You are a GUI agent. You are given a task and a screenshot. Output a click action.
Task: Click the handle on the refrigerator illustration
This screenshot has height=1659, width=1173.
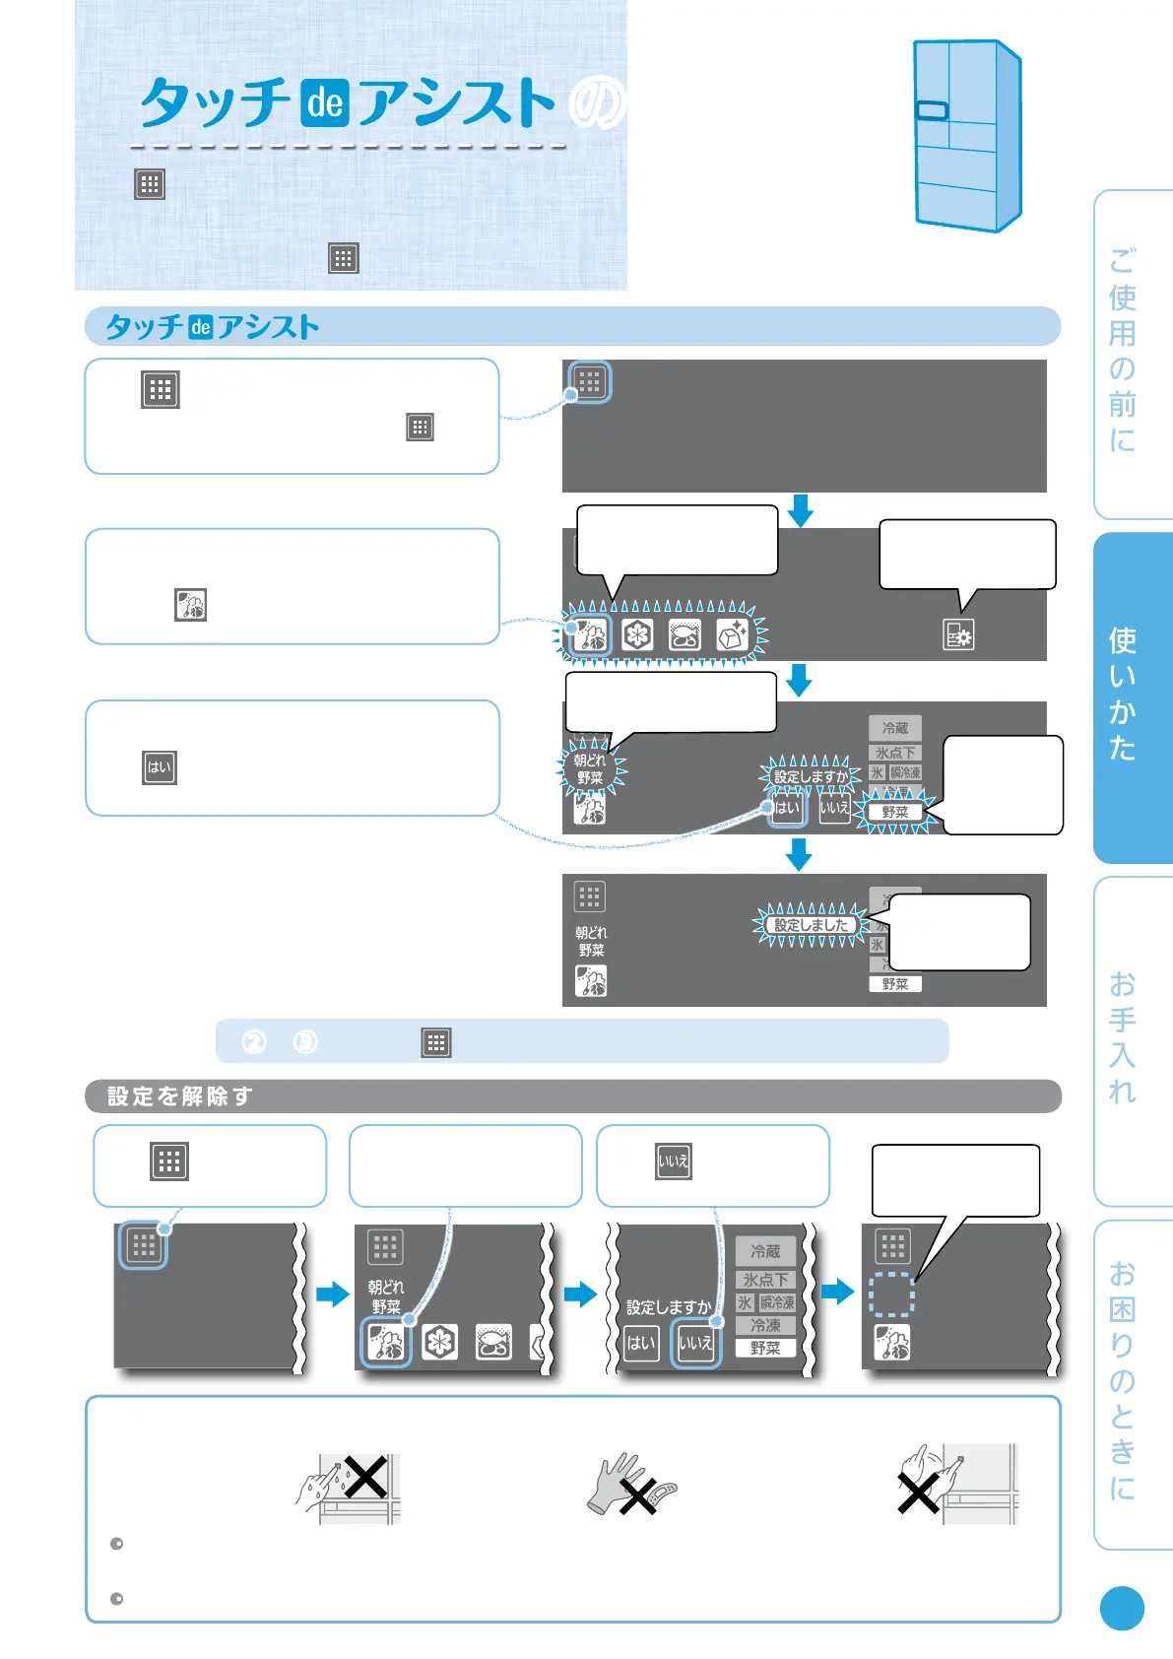(932, 110)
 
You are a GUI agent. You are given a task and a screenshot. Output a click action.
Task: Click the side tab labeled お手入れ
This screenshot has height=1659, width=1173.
(1124, 1038)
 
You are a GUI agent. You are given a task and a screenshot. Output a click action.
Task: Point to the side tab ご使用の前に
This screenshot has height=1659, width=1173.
(1124, 350)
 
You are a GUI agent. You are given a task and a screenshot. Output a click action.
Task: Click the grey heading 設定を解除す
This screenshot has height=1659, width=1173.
(180, 1096)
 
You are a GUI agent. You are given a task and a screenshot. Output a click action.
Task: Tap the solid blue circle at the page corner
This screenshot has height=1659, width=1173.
(1122, 1609)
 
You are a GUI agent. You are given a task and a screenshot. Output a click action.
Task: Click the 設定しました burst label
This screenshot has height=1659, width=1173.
(811, 925)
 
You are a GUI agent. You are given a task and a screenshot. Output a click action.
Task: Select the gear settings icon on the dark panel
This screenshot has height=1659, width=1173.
(957, 635)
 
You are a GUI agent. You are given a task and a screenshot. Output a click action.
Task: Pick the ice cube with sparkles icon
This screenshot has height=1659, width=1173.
(733, 635)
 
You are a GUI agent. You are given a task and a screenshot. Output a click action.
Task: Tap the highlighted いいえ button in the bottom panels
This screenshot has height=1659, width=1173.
(695, 1342)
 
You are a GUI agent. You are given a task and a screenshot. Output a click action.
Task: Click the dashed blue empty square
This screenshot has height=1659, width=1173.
(891, 1294)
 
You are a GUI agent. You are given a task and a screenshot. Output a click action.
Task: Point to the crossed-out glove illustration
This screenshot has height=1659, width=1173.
(630, 1486)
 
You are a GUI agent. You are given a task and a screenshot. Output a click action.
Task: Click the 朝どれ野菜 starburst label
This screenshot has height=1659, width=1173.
(590, 769)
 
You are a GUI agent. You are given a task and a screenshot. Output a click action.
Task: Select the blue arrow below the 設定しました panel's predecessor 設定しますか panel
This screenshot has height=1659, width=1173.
(799, 853)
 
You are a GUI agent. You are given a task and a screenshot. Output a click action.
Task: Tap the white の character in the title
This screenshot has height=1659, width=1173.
(597, 103)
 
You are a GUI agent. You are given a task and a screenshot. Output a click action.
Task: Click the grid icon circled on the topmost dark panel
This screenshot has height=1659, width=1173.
(590, 382)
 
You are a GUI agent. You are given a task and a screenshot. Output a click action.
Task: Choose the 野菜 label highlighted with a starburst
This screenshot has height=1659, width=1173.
(895, 812)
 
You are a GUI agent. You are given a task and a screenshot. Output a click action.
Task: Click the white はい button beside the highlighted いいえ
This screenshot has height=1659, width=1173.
(641, 1342)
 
